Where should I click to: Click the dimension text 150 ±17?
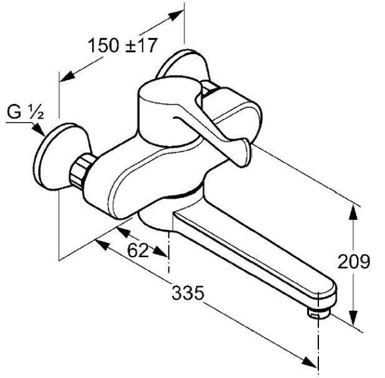coord(122,46)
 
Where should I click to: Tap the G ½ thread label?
coord(25,112)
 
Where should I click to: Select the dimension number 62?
coord(138,250)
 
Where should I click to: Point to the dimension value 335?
coord(188,292)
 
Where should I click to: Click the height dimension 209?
coord(354,262)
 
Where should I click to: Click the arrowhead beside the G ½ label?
coord(38,129)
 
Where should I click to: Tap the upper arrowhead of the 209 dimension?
coord(354,213)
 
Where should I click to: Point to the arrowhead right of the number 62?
coord(160,251)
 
